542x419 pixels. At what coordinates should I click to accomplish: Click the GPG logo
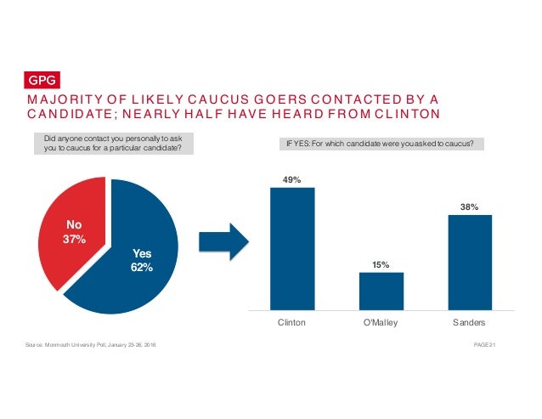tap(42, 81)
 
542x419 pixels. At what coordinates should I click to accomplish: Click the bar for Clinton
tap(292, 247)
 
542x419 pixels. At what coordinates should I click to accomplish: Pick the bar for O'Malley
tap(381, 290)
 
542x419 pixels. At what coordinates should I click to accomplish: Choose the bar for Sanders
tap(469, 261)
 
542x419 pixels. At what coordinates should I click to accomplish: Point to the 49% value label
tap(292, 179)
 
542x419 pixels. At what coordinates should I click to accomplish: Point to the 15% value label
tap(381, 264)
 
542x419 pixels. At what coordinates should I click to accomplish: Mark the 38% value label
tap(469, 207)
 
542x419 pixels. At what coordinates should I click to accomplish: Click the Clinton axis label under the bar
tap(292, 324)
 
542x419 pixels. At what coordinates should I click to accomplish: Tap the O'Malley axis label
tap(381, 324)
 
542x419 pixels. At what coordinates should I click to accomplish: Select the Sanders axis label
tap(469, 324)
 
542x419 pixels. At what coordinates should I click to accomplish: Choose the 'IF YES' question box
tap(381, 144)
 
